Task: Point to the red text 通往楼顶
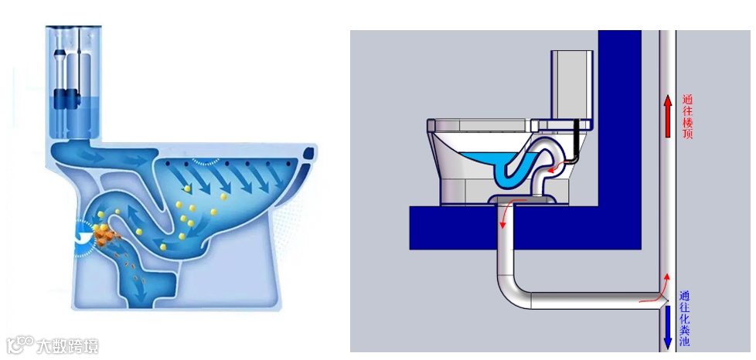pyautogui.click(x=687, y=116)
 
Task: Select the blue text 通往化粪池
pyautogui.click(x=685, y=318)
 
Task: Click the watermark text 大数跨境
pyautogui.click(x=68, y=345)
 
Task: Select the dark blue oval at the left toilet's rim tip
pyautogui.click(x=309, y=152)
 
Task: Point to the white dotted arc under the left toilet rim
pyautogui.click(x=206, y=163)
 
